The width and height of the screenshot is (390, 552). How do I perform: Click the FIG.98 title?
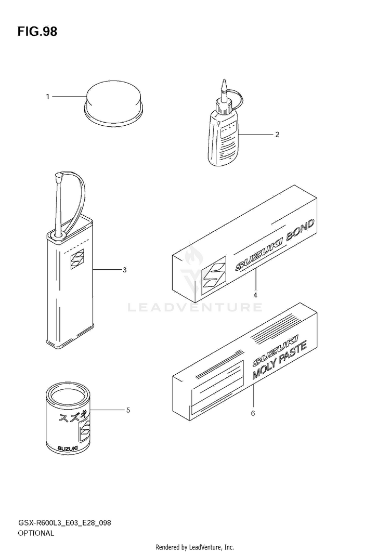pyautogui.click(x=37, y=32)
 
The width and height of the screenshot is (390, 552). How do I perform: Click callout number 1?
pyautogui.click(x=48, y=97)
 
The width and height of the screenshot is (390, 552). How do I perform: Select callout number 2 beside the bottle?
pyautogui.click(x=277, y=134)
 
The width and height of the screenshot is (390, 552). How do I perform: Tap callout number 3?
pyautogui.click(x=124, y=270)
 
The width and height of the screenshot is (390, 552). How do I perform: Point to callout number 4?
pyautogui.click(x=255, y=295)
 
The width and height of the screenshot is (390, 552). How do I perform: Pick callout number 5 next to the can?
pyautogui.click(x=128, y=410)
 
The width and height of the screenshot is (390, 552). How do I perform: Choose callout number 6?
pyautogui.click(x=253, y=413)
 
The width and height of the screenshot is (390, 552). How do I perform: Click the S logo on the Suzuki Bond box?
pyautogui.click(x=213, y=278)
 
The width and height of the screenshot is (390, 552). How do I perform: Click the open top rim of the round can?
pyautogui.click(x=68, y=388)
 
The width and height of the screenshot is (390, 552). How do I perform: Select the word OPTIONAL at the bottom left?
pyautogui.click(x=36, y=533)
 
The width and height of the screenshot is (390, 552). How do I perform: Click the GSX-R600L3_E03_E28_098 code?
pyautogui.click(x=64, y=523)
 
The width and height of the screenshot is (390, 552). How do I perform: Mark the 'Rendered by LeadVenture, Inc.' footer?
pyautogui.click(x=195, y=547)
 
